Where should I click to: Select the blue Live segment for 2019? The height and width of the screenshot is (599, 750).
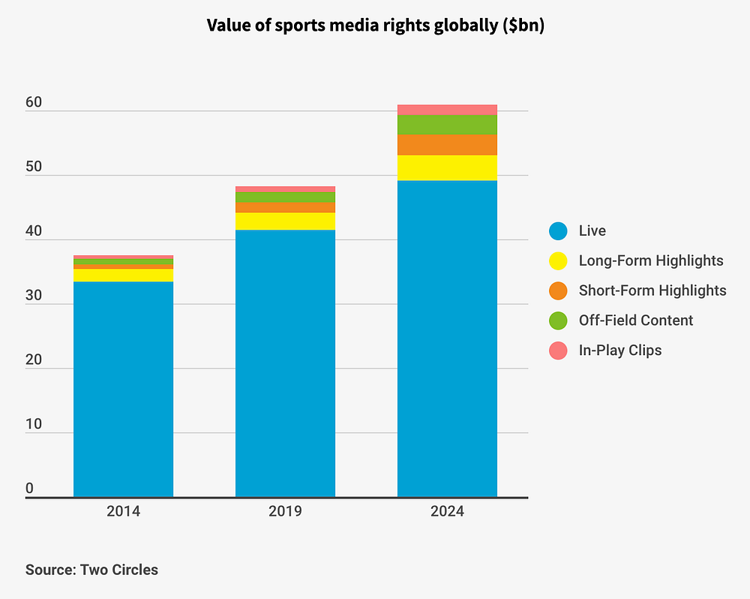[285, 363]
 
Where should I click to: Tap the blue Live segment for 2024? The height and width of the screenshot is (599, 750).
[447, 339]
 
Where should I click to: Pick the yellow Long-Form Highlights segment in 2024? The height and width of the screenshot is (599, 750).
[447, 167]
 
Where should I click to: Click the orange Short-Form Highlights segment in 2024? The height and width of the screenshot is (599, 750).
[447, 145]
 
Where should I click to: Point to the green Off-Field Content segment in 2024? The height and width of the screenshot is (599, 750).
[447, 125]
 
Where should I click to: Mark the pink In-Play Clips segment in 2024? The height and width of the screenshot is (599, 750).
[447, 110]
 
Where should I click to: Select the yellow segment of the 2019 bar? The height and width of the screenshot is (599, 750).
[285, 221]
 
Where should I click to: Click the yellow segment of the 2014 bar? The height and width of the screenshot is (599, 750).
[123, 275]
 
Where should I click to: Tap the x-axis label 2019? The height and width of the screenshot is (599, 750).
[285, 512]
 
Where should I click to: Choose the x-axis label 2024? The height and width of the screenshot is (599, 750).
[447, 512]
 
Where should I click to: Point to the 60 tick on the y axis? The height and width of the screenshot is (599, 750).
[34, 103]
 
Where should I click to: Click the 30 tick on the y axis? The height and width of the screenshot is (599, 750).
[34, 296]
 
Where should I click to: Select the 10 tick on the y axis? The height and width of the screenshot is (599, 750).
[34, 424]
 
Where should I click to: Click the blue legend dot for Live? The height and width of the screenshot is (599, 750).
[558, 231]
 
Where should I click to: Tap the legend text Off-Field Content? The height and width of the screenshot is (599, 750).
[636, 321]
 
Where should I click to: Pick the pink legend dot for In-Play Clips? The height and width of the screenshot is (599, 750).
[558, 350]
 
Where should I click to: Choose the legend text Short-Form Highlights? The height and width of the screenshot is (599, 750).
[652, 290]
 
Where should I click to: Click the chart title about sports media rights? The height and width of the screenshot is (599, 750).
[375, 26]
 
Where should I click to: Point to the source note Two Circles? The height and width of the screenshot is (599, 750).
[91, 570]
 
